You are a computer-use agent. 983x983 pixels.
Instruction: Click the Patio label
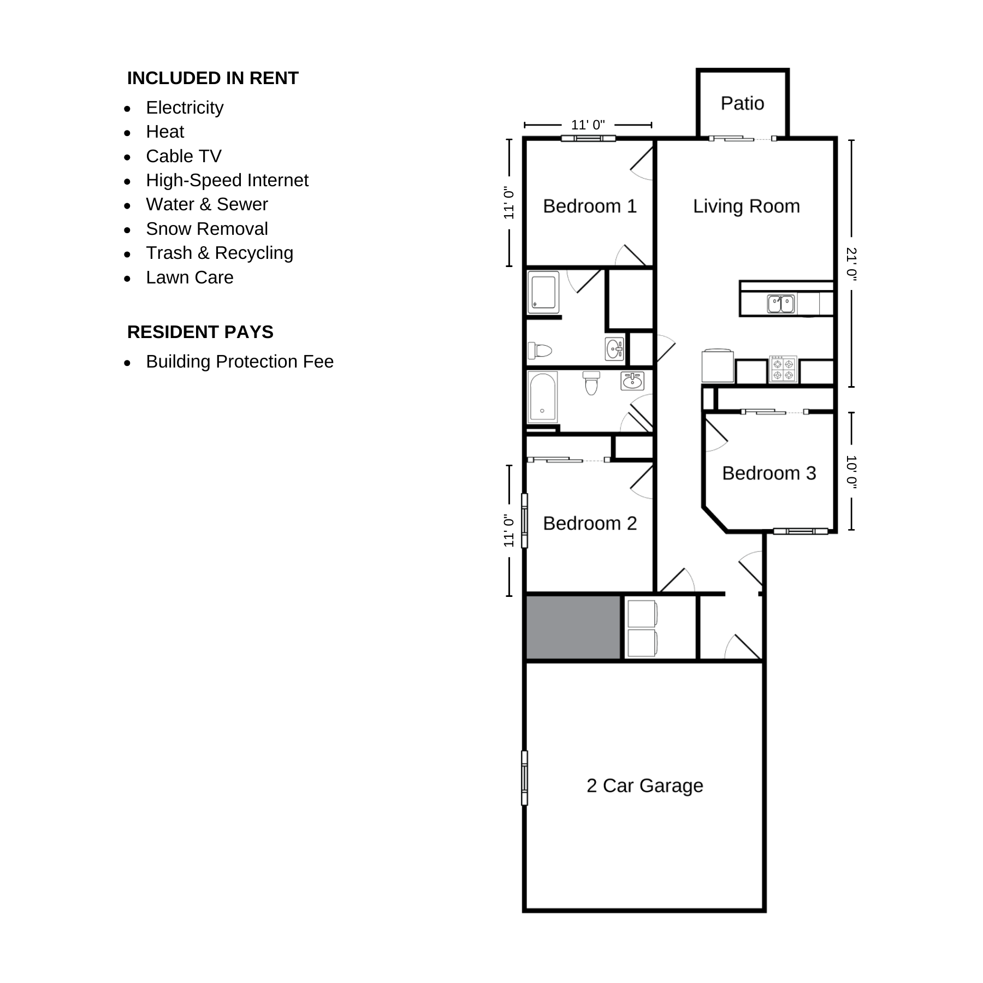point(742,103)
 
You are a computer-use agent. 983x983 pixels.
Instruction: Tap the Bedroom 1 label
point(590,206)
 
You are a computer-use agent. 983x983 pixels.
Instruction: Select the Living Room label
point(747,206)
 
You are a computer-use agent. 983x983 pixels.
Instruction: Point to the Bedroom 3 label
point(769,473)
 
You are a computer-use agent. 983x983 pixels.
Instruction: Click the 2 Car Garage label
point(645,785)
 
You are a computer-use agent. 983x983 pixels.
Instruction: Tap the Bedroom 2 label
point(590,523)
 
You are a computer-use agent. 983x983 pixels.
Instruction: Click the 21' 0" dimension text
point(851,264)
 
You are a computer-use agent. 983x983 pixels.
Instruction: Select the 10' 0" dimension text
point(851,472)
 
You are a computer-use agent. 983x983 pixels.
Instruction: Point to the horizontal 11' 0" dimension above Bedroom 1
point(588,125)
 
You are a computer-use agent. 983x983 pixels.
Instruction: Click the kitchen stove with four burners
point(783,369)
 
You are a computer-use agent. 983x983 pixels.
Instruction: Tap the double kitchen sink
point(781,304)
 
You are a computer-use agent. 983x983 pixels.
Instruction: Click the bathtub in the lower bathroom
point(543,397)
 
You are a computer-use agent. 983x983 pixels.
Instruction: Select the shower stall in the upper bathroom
point(543,293)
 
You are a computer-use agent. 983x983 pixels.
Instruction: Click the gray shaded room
point(573,627)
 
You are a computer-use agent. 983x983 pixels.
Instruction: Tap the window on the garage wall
point(525,778)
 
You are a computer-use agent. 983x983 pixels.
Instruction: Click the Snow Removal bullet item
point(207,229)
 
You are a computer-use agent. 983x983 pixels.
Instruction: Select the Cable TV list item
point(183,156)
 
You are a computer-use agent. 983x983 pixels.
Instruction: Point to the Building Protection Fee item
point(240,362)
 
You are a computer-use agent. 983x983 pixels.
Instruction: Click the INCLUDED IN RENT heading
point(213,78)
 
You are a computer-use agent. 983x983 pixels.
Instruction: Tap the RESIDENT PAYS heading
point(200,332)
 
